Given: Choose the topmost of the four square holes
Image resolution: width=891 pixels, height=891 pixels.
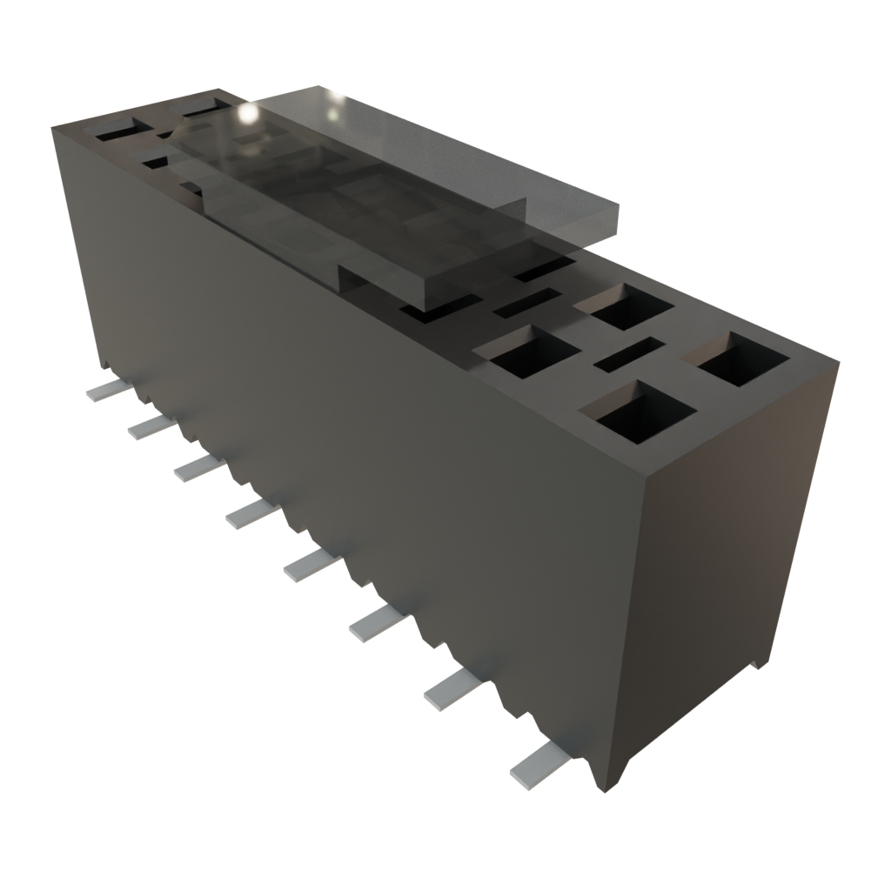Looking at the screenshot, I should pos(623,306).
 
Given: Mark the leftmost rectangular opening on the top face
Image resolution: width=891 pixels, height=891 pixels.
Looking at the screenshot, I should pos(113,133).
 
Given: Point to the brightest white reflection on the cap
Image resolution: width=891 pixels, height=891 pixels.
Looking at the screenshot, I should pos(246,112).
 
